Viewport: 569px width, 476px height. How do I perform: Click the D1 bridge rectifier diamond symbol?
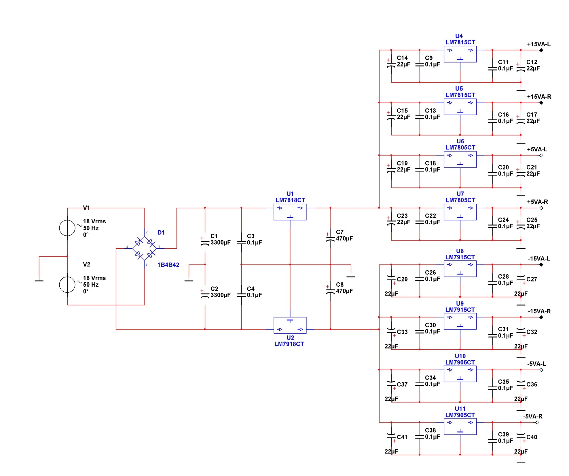coord(144,248)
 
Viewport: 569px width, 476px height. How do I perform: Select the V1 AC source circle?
coord(67,228)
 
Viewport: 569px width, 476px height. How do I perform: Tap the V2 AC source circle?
coord(67,285)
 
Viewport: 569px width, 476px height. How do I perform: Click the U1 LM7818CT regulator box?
coord(290,212)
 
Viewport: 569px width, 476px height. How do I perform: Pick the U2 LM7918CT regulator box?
coord(290,325)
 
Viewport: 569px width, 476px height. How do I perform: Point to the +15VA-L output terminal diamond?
coord(541,50)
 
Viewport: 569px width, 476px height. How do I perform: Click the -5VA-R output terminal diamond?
coord(537,422)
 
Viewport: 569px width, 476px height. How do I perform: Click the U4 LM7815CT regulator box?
coord(460,54)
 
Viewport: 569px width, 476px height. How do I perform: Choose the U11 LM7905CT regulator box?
coord(460,427)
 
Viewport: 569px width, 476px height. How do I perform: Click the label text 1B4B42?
coord(168,265)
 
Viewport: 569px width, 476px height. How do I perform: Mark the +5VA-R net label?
coord(537,202)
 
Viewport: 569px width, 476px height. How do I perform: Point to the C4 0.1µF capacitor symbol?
coord(241,295)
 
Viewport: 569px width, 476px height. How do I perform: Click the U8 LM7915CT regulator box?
coord(460,269)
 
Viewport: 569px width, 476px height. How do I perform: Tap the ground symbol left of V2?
coord(39,280)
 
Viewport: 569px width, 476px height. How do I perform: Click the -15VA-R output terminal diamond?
coord(541,317)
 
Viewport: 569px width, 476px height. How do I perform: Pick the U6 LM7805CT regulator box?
coord(460,159)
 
